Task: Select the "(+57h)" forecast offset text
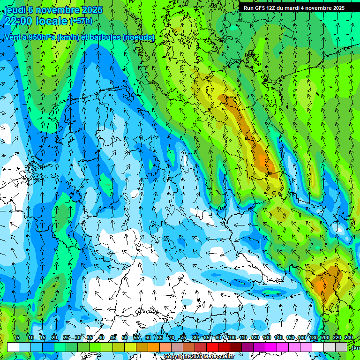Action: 81,21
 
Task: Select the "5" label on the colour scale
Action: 18,338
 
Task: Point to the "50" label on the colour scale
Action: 125,338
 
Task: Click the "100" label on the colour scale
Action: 232,338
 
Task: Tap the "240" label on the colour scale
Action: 349,338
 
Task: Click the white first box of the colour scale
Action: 13,347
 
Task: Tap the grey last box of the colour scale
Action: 341,347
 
